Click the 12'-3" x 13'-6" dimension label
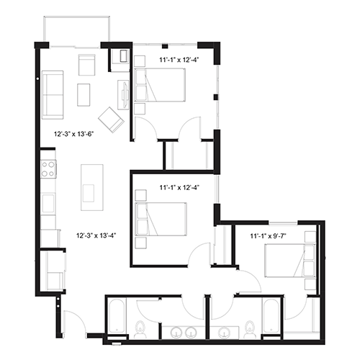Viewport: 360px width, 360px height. tap(73, 134)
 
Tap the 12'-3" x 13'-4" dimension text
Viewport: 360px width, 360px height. tap(96, 235)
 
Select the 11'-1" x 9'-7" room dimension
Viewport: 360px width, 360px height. tap(268, 236)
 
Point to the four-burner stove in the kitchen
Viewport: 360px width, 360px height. tap(48, 169)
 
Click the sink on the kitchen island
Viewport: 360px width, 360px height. tap(88, 193)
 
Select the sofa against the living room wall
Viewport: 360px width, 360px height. tap(53, 95)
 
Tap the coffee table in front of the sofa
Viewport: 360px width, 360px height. tap(84, 95)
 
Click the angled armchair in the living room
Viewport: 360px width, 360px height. tap(111, 120)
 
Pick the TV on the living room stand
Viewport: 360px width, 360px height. tap(125, 94)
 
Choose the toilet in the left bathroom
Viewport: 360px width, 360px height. tap(140, 329)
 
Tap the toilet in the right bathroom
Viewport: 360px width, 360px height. tap(250, 329)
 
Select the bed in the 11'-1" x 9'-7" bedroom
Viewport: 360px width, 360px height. tap(290, 261)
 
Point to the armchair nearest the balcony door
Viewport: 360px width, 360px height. tap(86, 65)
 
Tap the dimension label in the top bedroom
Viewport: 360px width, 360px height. tap(179, 60)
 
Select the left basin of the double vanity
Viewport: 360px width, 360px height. tap(177, 333)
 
